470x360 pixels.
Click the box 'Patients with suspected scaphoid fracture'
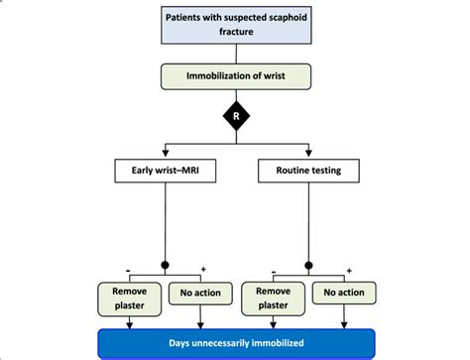[x=234, y=24]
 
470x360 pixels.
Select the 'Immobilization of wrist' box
[x=234, y=76]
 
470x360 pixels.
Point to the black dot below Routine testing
[x=308, y=266]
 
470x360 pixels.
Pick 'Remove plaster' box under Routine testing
[x=272, y=299]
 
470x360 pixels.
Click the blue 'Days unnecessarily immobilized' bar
[x=235, y=343]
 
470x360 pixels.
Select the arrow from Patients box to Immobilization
[x=234, y=55]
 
